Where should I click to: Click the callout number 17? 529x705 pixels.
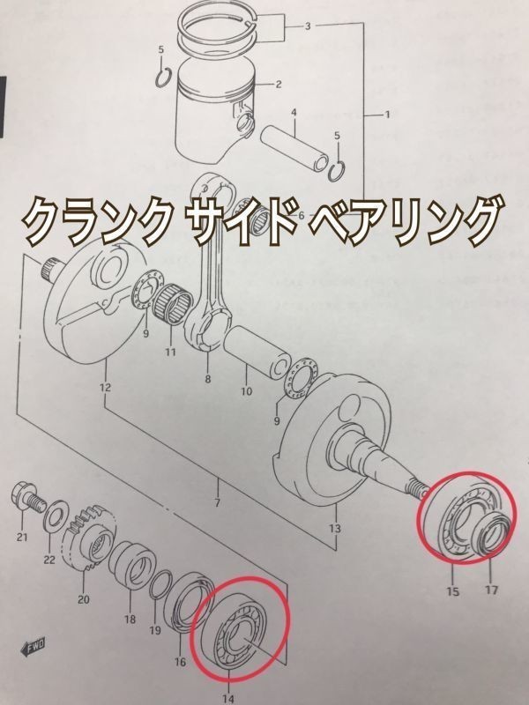[x=491, y=591]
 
